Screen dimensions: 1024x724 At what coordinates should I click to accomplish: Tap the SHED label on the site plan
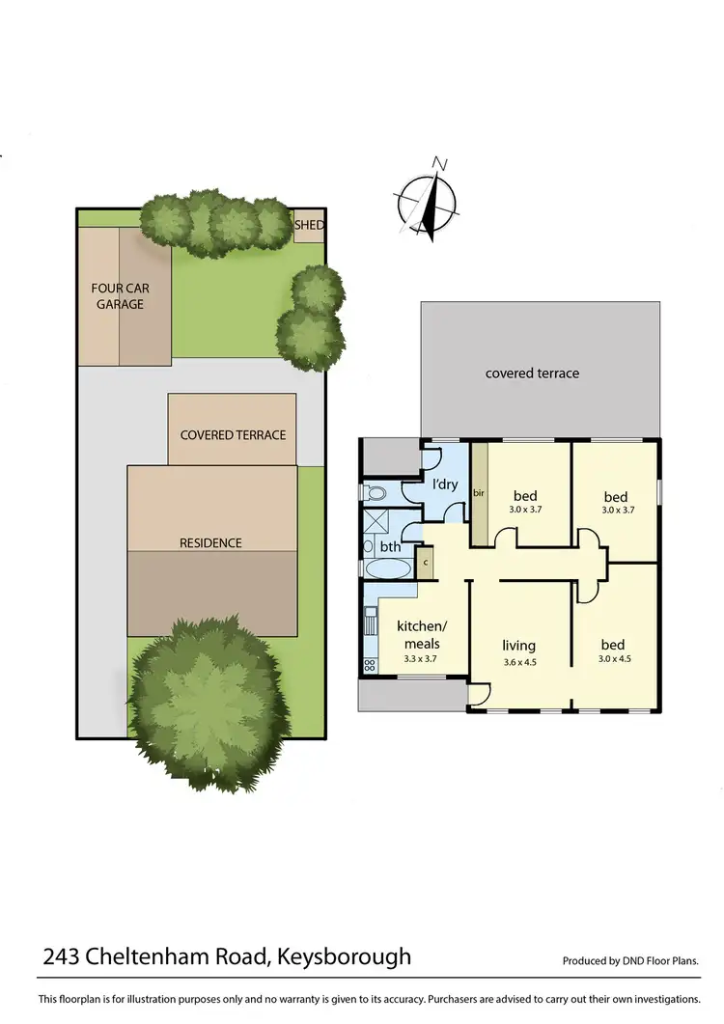(x=309, y=225)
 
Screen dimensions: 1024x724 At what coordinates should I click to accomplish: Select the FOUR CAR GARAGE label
(x=119, y=296)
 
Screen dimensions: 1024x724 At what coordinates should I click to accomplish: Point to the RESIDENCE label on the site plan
(x=210, y=543)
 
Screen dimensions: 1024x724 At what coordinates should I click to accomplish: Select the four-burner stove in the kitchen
(x=369, y=665)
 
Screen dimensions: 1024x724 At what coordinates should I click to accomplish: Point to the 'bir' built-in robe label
(x=478, y=493)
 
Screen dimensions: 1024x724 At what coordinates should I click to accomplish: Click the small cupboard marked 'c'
(x=426, y=562)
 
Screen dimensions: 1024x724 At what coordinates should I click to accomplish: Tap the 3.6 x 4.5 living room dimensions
(x=518, y=663)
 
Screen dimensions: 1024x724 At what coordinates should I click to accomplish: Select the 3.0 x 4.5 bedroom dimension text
(x=612, y=660)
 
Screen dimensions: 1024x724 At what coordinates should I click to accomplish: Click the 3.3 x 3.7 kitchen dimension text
(x=421, y=659)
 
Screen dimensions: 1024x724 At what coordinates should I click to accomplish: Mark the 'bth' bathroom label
(x=390, y=546)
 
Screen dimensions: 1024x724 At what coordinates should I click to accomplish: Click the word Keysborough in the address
(x=344, y=957)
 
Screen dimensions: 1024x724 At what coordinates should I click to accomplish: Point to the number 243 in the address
(x=62, y=957)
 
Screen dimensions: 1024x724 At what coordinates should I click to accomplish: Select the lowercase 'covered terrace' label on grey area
(x=532, y=373)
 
